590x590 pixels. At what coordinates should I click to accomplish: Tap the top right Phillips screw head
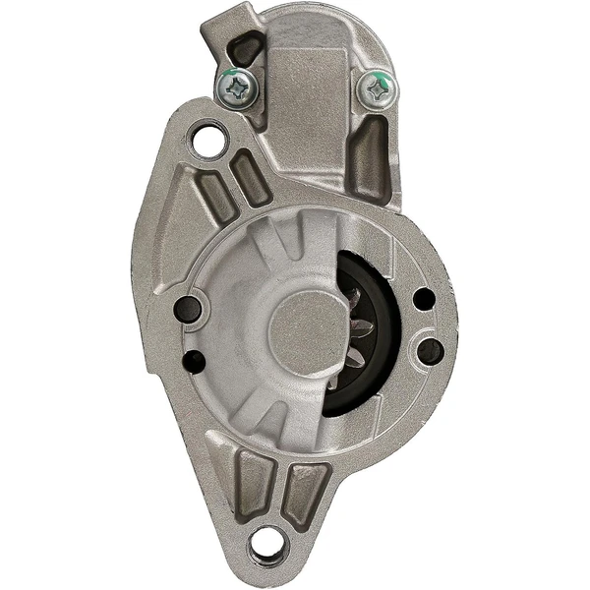coord(377,90)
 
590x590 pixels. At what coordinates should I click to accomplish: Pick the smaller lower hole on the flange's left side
coord(196,360)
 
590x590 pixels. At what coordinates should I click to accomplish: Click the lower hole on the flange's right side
coord(429,348)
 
